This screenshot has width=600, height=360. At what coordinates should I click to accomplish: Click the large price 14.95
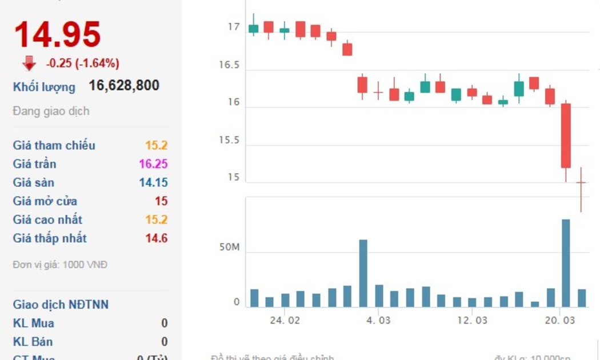57,34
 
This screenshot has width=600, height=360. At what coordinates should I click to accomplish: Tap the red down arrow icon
29,63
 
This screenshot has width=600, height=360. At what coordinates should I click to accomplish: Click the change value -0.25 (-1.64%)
83,63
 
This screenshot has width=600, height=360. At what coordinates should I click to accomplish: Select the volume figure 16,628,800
124,86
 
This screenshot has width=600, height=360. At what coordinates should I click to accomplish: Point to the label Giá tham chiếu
54,145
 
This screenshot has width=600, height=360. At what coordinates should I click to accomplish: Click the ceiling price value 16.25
153,164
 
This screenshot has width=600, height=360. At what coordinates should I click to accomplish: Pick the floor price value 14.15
153,183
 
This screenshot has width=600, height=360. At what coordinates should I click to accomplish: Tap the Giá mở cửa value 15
161,201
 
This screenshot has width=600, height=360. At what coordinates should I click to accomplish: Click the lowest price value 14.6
156,238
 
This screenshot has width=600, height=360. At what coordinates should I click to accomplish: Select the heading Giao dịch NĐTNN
61,305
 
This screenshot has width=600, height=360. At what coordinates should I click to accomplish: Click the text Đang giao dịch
51,111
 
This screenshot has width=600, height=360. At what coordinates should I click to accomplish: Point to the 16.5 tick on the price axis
229,65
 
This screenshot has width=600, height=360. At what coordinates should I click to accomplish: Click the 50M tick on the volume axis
229,247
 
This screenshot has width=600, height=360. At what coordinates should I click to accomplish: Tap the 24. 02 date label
285,321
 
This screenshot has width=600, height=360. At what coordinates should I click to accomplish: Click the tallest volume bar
566,263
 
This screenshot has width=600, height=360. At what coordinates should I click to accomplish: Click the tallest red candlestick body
566,135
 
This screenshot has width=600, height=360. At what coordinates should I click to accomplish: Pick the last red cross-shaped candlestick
581,183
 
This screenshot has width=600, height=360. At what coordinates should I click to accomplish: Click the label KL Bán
34,342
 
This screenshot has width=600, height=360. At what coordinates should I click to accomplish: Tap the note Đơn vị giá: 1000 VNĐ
60,265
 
